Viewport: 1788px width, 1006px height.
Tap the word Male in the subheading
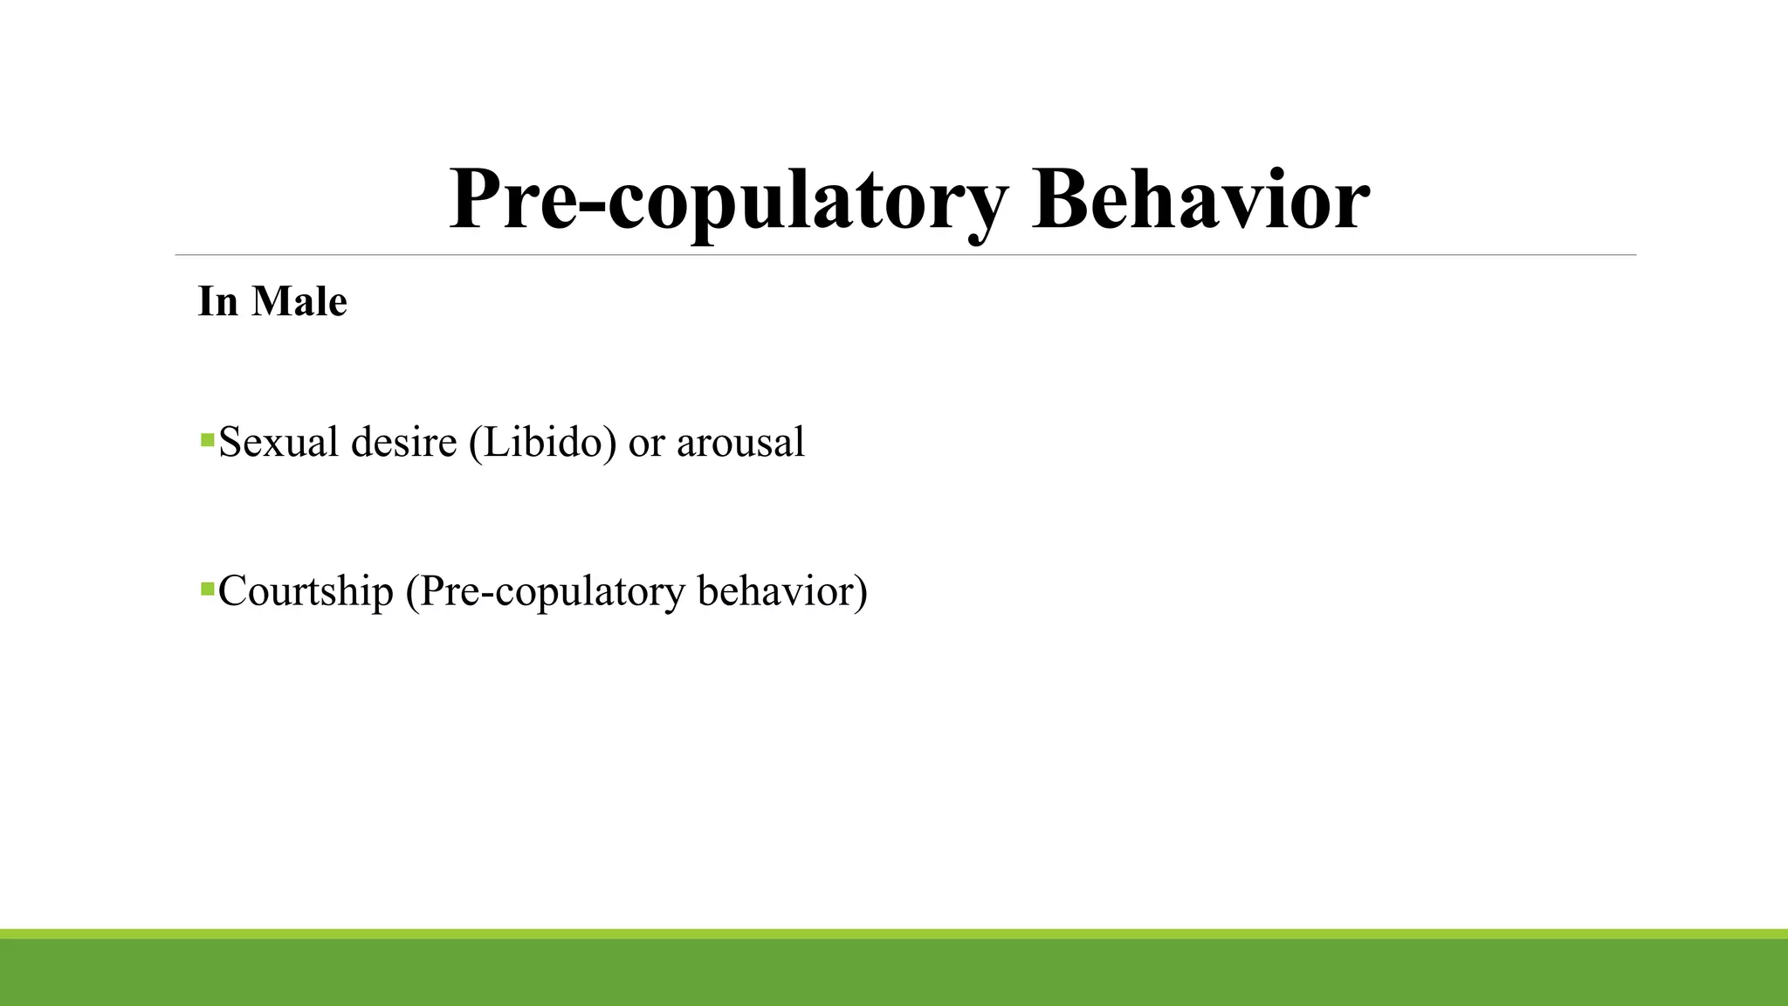coord(299,302)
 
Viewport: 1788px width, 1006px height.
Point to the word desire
coord(403,442)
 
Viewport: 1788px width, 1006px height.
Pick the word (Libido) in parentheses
coord(542,442)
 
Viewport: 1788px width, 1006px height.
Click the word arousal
coord(740,442)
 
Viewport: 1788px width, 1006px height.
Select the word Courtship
coord(306,592)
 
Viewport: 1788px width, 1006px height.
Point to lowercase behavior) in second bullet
coord(782,590)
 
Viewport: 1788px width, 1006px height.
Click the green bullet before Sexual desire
coord(207,439)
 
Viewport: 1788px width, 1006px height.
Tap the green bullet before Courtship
coord(207,589)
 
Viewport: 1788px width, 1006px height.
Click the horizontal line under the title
coord(904,255)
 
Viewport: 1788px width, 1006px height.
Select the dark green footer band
coord(894,973)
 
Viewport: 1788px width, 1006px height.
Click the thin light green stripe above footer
coord(894,934)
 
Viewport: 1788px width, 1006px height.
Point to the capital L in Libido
coord(495,442)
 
